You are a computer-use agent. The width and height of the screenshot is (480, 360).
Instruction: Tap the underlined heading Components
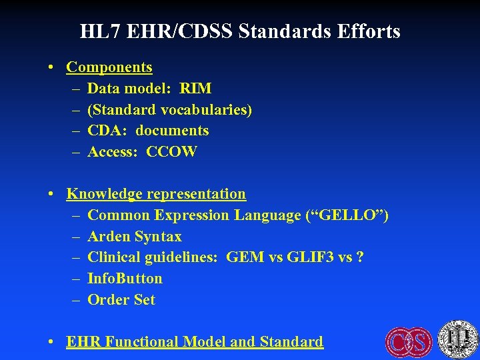[109, 67]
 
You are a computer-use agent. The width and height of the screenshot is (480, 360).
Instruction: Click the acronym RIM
[196, 89]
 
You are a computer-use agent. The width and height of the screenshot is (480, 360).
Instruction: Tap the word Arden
[109, 237]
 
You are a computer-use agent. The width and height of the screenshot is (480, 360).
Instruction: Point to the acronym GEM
[245, 257]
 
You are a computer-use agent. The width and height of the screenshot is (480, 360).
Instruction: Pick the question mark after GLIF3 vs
[360, 257]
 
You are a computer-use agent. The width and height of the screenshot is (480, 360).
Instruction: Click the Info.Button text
[125, 279]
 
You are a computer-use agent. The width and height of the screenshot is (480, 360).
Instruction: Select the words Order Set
[121, 300]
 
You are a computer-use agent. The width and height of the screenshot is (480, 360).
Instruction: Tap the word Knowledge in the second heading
[105, 194]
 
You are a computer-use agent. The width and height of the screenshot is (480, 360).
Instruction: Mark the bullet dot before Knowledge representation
[51, 195]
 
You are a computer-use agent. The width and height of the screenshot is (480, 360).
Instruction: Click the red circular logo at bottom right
[409, 341]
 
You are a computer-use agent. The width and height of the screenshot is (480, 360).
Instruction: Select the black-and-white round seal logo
[459, 339]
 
